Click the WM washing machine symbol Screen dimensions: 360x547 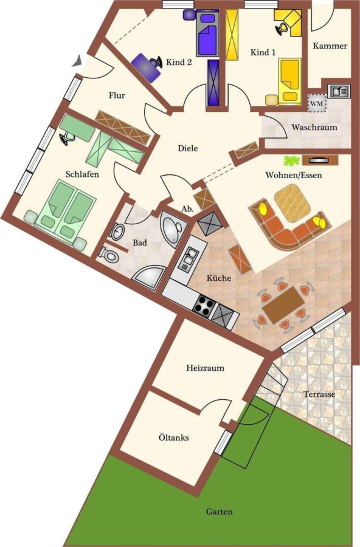click(317, 103)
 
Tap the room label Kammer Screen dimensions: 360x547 click(330, 46)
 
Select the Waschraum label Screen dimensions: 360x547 click(314, 128)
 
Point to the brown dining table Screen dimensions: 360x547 click(283, 306)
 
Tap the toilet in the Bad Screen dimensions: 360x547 click(109, 254)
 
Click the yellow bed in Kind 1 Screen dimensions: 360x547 click(289, 81)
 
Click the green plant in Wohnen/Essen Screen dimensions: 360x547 click(292, 160)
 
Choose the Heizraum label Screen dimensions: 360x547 click(206, 368)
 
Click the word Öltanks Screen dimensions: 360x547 click(173, 437)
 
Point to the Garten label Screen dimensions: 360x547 click(220, 512)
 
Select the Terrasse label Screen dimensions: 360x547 click(319, 394)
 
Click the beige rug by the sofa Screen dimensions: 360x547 click(292, 202)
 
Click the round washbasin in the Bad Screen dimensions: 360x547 click(117, 231)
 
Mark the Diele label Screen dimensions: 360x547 click(188, 148)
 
